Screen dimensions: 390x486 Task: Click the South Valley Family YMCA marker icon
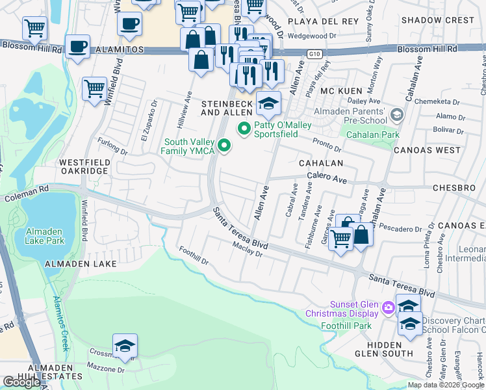coord(224,145)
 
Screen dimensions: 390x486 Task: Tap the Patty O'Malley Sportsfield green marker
coord(244,129)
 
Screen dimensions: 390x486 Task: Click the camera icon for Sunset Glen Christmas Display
coord(389,307)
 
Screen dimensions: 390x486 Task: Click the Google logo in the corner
coord(21,382)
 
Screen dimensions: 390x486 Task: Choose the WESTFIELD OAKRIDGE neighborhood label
coord(83,166)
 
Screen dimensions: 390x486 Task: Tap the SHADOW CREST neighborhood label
coord(437,20)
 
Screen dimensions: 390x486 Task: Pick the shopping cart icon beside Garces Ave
coord(341,239)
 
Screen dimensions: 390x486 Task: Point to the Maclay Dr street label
coord(247,250)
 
